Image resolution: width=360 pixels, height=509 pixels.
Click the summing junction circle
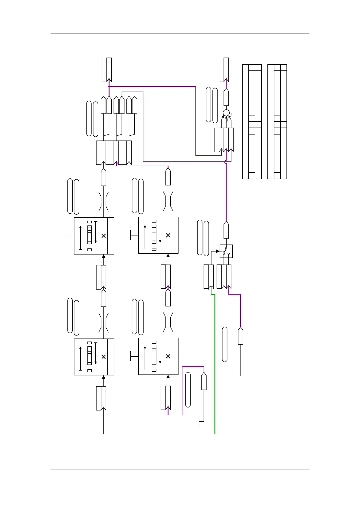(226, 113)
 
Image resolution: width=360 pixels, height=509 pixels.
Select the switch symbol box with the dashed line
(226, 251)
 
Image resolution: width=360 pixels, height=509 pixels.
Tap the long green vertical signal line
(215, 363)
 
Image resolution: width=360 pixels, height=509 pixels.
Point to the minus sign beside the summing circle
(231, 115)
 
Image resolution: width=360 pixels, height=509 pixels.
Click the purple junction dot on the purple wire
(109, 86)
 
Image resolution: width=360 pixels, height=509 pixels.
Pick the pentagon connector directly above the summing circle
(226, 97)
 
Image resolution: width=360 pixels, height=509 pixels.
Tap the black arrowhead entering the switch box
(218, 251)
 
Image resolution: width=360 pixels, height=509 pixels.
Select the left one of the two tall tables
(252, 122)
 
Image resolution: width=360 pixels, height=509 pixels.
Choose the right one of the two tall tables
(277, 122)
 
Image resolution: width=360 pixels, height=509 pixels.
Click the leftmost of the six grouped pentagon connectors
(103, 105)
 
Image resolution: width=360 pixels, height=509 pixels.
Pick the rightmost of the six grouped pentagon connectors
(135, 105)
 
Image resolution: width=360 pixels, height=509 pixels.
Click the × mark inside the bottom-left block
(103, 357)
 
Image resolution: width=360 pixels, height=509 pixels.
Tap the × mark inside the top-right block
(168, 235)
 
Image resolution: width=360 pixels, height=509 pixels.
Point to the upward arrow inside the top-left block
(80, 237)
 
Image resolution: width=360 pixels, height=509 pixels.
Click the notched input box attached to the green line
(209, 277)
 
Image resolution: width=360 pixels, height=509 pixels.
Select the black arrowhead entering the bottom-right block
(168, 377)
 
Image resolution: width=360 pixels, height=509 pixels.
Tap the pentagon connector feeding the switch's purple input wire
(241, 336)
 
